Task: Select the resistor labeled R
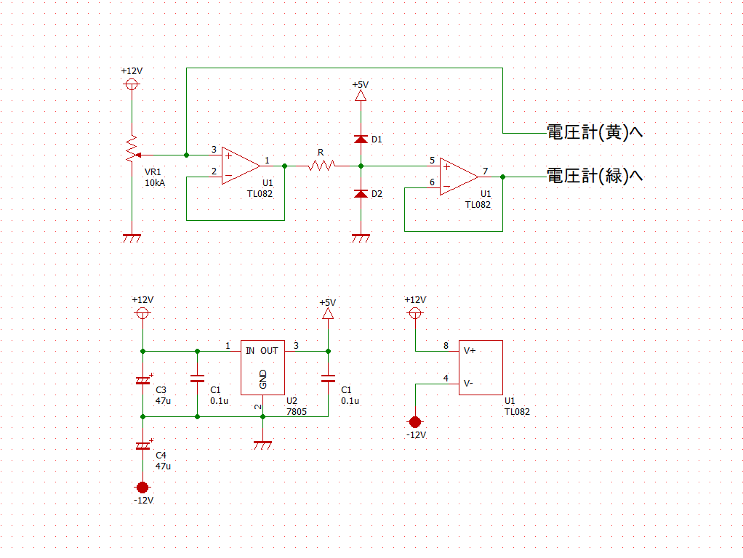(320, 166)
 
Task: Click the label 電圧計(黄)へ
(595, 133)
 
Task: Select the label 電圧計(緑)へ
(595, 176)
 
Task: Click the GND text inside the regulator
(262, 379)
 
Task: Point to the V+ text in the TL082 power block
(470, 350)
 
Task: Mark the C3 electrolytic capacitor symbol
(142, 381)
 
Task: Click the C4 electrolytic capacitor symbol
(142, 445)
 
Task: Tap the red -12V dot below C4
(142, 487)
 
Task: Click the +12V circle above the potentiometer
(132, 84)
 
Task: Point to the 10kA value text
(155, 183)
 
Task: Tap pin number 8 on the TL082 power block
(446, 346)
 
